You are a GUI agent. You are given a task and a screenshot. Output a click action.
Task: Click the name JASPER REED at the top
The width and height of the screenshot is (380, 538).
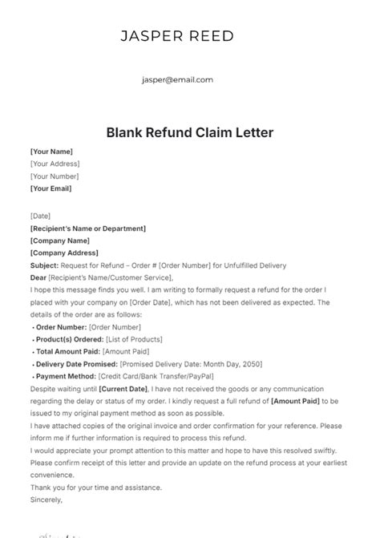point(177,36)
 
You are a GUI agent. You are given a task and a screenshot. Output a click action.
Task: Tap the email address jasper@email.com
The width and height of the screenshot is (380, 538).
point(177,79)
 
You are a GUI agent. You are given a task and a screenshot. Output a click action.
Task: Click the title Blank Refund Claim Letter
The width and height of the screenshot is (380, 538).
point(189,131)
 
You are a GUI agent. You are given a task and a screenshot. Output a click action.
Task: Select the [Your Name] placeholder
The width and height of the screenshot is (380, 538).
point(51,151)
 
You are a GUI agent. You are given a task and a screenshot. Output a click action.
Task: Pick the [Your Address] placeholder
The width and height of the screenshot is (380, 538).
point(55,164)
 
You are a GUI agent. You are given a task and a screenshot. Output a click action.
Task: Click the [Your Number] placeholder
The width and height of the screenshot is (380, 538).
point(55,176)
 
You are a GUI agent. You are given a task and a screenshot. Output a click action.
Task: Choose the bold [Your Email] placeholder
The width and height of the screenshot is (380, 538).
point(51,189)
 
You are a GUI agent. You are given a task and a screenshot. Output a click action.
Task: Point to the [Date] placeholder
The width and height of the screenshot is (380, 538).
point(40,216)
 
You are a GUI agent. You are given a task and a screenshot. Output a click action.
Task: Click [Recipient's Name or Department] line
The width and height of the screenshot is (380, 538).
point(88,229)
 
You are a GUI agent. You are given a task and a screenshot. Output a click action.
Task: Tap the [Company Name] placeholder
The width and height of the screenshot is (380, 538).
point(59,241)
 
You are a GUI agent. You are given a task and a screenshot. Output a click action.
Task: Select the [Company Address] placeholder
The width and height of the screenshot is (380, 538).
point(63,253)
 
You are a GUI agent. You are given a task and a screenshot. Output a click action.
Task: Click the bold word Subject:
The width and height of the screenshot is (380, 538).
point(44,265)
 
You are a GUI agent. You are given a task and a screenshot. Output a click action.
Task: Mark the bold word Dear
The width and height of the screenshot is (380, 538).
point(38,277)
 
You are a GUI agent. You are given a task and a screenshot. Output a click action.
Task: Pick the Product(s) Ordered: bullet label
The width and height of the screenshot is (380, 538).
point(69,340)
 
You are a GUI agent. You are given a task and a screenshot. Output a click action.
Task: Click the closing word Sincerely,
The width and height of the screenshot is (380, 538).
point(46,500)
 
